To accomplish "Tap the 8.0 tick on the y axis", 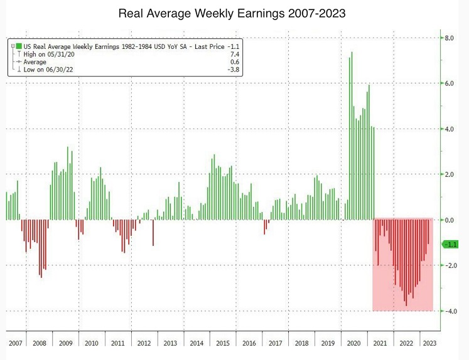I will (x=450, y=38).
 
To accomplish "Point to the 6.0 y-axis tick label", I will (x=450, y=83).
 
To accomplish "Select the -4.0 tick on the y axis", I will (x=450, y=311).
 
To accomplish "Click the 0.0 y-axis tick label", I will (x=450, y=220).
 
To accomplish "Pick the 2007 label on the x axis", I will (x=16, y=344).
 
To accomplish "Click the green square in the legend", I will (x=20, y=46).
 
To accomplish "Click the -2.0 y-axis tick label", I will (x=450, y=265).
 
